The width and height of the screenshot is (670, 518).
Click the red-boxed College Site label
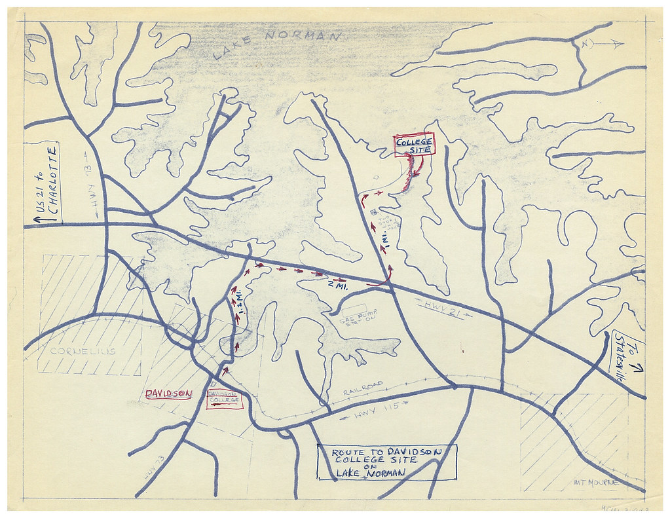415,145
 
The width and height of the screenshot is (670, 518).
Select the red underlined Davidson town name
168,394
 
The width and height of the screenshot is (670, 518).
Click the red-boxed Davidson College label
225,398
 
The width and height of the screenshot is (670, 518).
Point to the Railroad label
362,389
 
